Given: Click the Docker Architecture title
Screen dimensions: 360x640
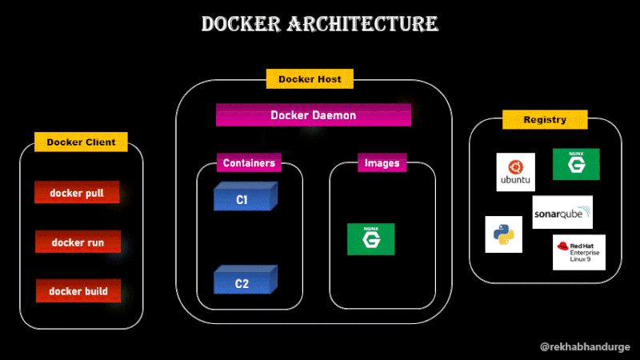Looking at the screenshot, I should tap(319, 24).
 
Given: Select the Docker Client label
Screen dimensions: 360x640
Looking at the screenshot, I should tap(81, 142).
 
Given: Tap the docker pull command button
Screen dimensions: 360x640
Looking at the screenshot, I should tap(77, 193).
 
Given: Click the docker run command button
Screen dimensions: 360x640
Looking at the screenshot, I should tap(78, 242).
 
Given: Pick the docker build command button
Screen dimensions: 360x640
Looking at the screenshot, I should tap(78, 291).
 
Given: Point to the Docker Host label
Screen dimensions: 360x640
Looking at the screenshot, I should tap(310, 79).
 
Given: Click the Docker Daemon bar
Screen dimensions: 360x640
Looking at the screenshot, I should tap(313, 115).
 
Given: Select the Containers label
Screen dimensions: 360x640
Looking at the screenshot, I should tap(249, 163).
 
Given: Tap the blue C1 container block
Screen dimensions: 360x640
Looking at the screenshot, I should tap(244, 198).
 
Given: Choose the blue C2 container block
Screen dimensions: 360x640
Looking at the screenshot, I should tap(244, 281).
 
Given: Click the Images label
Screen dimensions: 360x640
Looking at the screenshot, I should tap(382, 163).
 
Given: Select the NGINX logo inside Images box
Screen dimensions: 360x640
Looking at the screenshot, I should tap(370, 239).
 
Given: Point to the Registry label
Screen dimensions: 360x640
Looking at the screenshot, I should tap(544, 120).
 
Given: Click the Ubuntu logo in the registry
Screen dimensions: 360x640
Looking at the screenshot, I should tap(515, 171).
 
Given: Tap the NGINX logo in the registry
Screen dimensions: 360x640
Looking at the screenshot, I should tap(576, 164).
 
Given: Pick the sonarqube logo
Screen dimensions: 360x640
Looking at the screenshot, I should tap(562, 212).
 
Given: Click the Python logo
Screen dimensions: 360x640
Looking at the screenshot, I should tap(503, 234).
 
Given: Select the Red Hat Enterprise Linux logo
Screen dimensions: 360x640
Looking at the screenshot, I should tap(578, 252).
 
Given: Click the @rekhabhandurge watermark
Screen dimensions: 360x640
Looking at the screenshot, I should tap(585, 346).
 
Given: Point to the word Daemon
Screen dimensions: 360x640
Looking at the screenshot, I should tap(334, 115).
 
